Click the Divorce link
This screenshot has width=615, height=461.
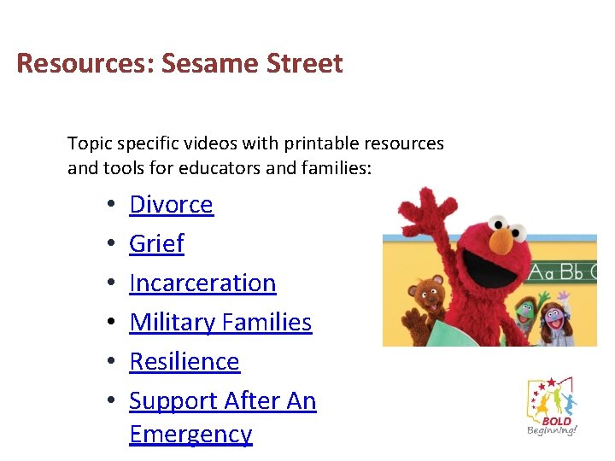tap(171, 205)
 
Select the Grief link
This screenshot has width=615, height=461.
tap(156, 244)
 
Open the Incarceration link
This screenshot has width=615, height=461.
tap(202, 283)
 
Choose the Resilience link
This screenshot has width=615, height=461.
tap(184, 362)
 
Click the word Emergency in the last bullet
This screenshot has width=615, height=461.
tap(190, 434)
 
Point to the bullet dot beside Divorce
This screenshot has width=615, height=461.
tap(112, 206)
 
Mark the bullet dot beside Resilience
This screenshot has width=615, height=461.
tap(112, 363)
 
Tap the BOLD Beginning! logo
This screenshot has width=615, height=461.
tap(552, 407)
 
